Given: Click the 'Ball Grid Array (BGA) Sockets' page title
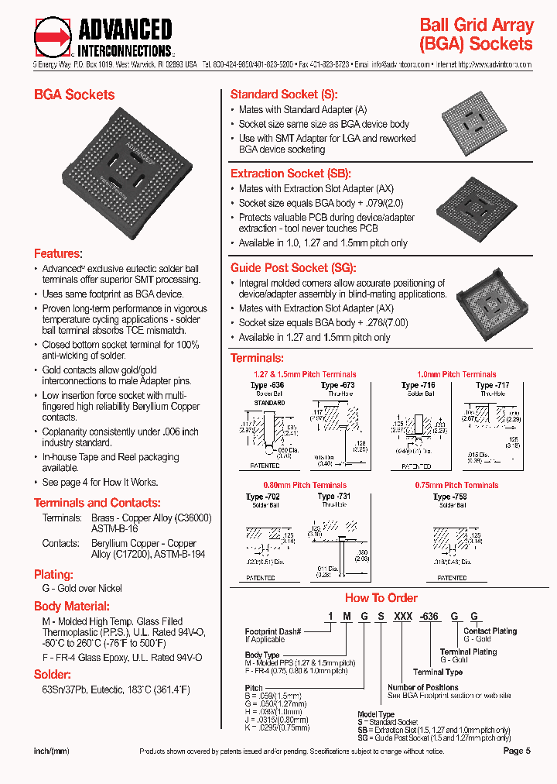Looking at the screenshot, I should tap(475, 35).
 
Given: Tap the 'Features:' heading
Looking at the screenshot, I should tap(57, 253).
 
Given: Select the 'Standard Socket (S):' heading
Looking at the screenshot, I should tap(284, 95).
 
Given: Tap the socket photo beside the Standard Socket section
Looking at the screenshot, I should tap(471, 122).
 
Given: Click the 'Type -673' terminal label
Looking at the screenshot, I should tap(337, 385).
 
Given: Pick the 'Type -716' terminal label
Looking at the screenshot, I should tap(419, 385).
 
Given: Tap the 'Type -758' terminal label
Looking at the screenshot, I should tap(451, 497).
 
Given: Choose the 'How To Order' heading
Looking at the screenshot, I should tap(381, 597).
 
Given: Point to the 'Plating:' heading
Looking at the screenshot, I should tap(53, 574).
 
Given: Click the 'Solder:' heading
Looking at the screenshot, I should tap(52, 675).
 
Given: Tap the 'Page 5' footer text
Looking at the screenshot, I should tap(517, 751).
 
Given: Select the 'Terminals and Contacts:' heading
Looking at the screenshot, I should tap(97, 502).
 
